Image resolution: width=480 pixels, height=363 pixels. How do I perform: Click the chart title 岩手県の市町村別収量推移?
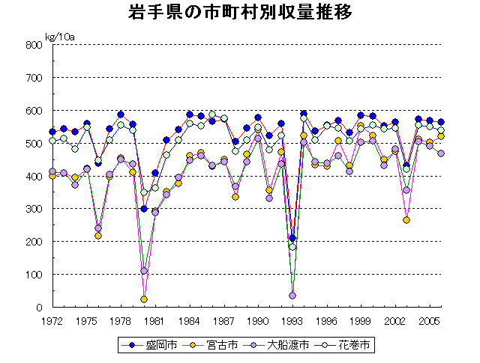pos(239,13)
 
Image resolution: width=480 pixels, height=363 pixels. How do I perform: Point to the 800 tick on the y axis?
pos(34,45)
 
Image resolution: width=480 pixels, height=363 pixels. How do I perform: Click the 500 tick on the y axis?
pos(34,144)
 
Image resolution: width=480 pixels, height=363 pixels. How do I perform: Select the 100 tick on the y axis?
pos(34,275)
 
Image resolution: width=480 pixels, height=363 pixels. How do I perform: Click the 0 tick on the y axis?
pos(38,308)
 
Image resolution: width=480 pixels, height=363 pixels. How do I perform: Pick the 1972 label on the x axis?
pos(52,321)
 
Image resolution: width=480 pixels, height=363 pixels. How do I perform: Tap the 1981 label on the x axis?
pos(155,321)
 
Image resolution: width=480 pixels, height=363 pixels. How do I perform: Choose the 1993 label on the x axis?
pos(292,321)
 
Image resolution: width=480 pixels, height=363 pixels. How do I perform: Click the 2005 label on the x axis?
pos(430,321)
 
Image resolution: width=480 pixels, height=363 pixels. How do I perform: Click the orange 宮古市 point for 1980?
pos(144,299)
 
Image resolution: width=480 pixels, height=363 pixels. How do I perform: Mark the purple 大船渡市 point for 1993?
pos(292,296)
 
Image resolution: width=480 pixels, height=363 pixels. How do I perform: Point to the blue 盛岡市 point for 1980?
pos(144,209)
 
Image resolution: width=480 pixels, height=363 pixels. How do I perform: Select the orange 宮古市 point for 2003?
pos(406,220)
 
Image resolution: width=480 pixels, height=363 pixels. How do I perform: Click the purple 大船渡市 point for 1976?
pos(98,228)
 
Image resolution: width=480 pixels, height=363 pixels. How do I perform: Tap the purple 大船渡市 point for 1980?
pos(144,271)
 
